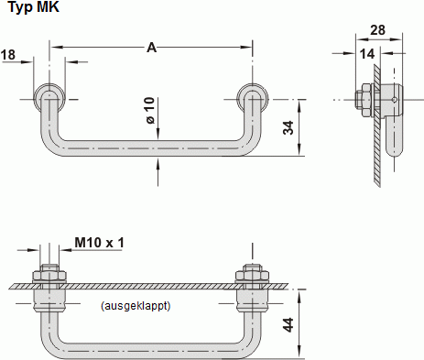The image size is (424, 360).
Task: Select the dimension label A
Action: pos(151,46)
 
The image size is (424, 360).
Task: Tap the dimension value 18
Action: pos(8,57)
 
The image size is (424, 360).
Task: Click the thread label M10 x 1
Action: pos(99,242)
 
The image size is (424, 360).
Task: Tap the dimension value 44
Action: pos(288,325)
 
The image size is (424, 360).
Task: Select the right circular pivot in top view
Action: pos(250,98)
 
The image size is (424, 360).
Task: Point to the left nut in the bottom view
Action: pos(49,275)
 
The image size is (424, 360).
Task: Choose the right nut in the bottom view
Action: pos(250,275)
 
